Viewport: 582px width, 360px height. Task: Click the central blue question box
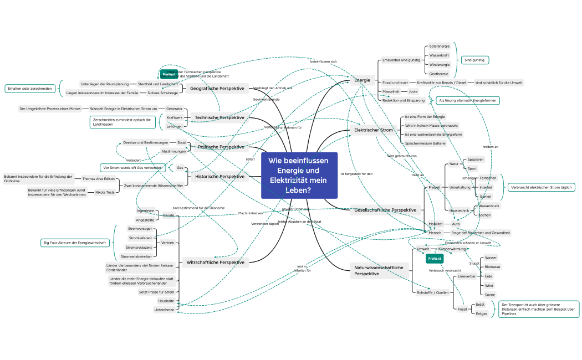point(299,176)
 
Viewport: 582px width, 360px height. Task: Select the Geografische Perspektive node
point(217,89)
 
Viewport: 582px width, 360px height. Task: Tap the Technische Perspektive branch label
point(219,117)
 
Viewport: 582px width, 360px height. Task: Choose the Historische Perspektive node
point(219,177)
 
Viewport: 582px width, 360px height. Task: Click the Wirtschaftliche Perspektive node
point(216,262)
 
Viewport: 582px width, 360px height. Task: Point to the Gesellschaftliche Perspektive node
point(385,210)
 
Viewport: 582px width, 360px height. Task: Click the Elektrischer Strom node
point(373,131)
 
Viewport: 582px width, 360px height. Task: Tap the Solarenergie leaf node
point(440,46)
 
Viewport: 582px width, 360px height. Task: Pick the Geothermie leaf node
point(438,73)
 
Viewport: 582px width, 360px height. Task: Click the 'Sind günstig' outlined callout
point(475,60)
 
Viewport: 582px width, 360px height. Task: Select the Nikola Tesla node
point(105,192)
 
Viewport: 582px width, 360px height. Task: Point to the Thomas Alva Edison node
point(98,179)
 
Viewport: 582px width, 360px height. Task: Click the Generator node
point(174,109)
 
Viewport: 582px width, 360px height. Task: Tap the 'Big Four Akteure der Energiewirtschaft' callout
point(75,243)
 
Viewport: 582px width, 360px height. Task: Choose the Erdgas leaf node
point(481,313)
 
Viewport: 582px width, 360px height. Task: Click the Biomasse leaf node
point(492,267)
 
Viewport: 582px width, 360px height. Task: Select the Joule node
point(413,91)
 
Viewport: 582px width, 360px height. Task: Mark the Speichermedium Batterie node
point(425,143)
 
